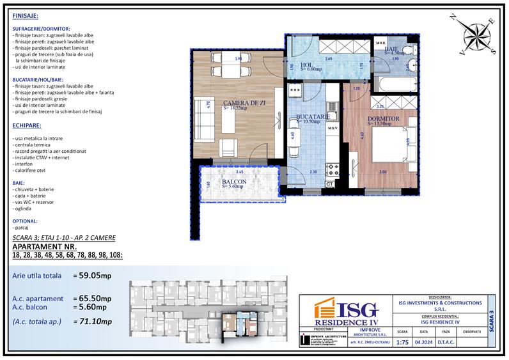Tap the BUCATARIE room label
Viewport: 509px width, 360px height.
pyautogui.click(x=313, y=117)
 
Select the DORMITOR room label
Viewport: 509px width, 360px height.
pyautogui.click(x=384, y=119)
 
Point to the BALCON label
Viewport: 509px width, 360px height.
pyautogui.click(x=236, y=182)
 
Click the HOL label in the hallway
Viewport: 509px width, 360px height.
pyautogui.click(x=306, y=65)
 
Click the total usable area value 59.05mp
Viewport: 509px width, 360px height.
pyautogui.click(x=95, y=277)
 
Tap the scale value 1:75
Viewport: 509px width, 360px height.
pyautogui.click(x=402, y=342)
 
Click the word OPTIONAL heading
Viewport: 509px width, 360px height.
pyautogui.click(x=25, y=220)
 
